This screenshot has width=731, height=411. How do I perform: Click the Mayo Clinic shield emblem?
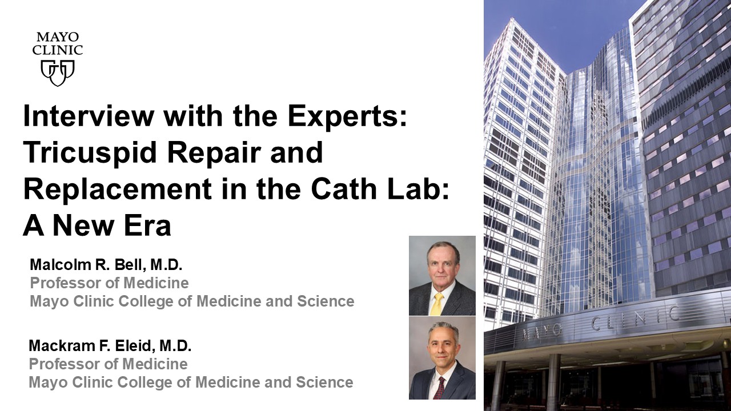[x=58, y=72]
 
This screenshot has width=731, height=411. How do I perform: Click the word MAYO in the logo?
[x=58, y=37]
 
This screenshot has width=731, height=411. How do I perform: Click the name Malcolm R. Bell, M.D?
[x=106, y=265]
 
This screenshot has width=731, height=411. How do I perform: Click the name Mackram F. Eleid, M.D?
[x=110, y=346]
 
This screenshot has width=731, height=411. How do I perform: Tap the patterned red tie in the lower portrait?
[x=438, y=388]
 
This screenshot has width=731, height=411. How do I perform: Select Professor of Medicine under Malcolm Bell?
[x=109, y=283]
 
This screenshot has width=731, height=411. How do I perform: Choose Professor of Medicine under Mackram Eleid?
[x=109, y=364]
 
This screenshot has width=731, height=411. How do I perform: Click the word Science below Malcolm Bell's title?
[x=326, y=301]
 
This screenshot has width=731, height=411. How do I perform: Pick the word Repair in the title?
[x=214, y=154]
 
